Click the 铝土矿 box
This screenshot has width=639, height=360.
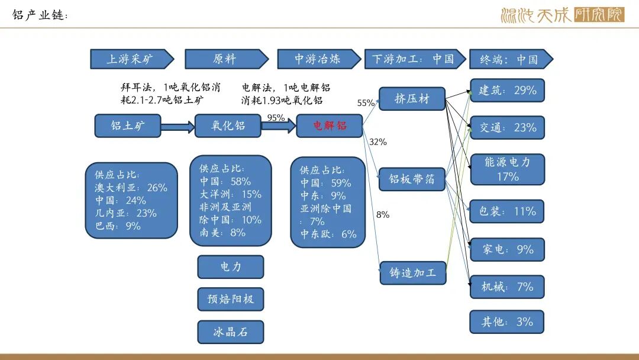click(x=127, y=126)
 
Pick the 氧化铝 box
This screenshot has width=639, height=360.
click(x=228, y=126)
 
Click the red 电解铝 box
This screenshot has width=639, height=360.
click(x=329, y=126)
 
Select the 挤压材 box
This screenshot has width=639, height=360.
click(x=412, y=99)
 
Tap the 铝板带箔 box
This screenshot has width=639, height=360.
click(x=412, y=179)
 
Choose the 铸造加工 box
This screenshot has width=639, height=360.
click(x=412, y=273)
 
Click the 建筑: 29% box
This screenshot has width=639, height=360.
click(x=507, y=91)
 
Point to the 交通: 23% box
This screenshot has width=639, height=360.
click(x=507, y=127)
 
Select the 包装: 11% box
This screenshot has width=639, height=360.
click(x=507, y=211)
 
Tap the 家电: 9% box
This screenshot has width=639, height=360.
click(x=507, y=249)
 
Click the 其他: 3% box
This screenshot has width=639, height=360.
click(x=507, y=322)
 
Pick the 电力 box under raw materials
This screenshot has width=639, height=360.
click(x=231, y=267)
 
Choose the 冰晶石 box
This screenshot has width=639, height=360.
click(x=231, y=332)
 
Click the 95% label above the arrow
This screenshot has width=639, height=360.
click(x=276, y=118)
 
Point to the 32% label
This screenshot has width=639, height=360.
click(x=378, y=142)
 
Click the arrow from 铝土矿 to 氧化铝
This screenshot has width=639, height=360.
click(x=177, y=127)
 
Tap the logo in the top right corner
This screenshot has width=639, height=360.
click(x=561, y=15)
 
